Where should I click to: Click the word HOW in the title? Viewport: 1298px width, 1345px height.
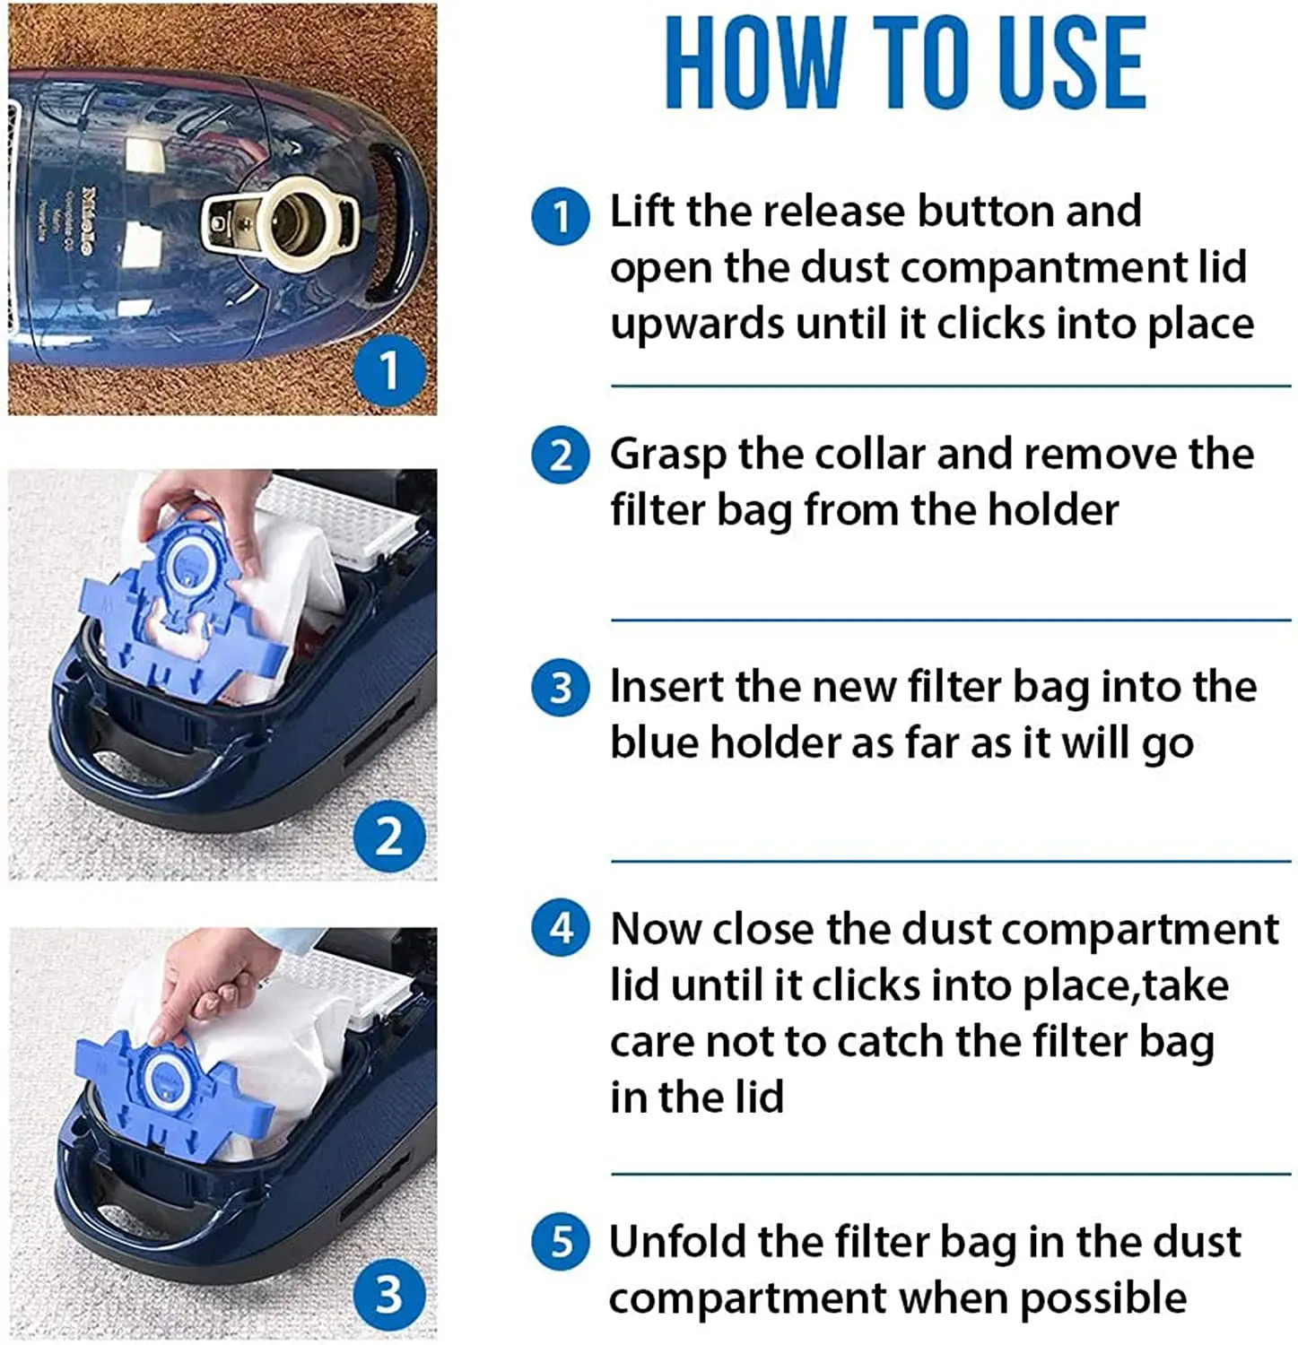click(x=755, y=64)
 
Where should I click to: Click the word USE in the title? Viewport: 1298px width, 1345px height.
click(x=1072, y=64)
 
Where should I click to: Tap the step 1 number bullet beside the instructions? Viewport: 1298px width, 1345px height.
click(x=561, y=216)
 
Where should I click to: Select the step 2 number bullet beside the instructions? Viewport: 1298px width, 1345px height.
click(x=561, y=455)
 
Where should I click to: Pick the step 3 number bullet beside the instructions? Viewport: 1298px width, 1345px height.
click(x=561, y=688)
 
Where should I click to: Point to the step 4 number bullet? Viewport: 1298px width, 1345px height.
click(x=561, y=927)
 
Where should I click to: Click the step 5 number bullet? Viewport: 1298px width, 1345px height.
click(x=561, y=1241)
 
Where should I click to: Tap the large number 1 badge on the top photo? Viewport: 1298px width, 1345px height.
click(x=389, y=369)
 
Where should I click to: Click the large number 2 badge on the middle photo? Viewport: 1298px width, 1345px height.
click(x=389, y=836)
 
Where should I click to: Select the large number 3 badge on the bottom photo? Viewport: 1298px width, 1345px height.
click(x=389, y=1295)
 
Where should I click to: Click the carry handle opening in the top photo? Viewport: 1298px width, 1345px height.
click(x=391, y=220)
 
